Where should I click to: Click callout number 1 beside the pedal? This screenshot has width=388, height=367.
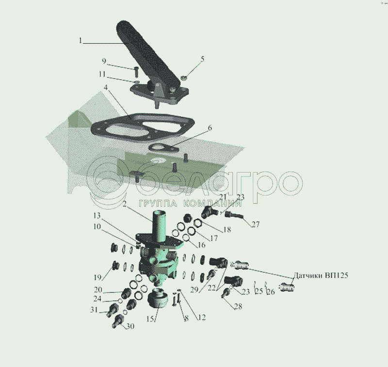80,40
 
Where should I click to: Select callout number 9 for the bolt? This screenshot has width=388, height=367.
104,61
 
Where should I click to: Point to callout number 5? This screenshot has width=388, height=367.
202,59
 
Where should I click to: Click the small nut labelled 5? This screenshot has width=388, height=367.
183,78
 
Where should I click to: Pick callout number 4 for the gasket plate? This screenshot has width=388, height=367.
106,87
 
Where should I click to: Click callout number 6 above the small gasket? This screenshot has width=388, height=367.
210,128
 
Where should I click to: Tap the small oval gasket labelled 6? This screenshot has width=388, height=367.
163,148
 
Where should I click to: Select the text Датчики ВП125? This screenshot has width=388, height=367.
321,275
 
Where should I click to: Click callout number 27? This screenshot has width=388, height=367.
256,224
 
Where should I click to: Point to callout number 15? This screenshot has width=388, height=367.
150,319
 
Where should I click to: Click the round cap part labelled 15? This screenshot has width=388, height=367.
158,297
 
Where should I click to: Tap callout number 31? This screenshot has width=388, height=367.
94,310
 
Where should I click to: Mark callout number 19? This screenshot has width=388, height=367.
97,277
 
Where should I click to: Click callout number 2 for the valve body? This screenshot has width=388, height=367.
125,204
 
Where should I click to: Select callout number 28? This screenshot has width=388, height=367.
238,307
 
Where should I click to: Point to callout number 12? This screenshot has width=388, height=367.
202,317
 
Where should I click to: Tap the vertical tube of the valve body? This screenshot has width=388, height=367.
160,226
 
